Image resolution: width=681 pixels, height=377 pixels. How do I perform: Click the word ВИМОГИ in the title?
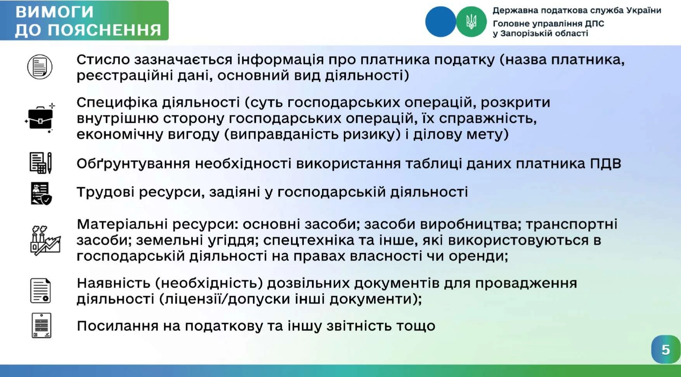(x=54, y=12)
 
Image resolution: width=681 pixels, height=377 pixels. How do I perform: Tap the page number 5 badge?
(x=665, y=349)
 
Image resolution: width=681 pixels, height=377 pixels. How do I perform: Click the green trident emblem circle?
(x=471, y=22)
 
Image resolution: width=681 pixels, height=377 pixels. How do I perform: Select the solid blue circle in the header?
(x=441, y=22)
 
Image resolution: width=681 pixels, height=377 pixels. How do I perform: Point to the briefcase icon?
(x=40, y=118)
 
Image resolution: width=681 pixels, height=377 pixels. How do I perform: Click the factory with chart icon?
(x=45, y=240)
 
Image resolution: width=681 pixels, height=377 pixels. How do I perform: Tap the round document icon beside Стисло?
(x=40, y=67)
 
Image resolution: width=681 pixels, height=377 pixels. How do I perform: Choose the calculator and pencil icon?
(x=41, y=163)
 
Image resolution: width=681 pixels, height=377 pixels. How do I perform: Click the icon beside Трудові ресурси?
(x=41, y=193)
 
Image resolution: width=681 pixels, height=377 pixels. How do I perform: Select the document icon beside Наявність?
(x=40, y=291)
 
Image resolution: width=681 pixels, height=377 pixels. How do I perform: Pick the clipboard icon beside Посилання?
(x=41, y=325)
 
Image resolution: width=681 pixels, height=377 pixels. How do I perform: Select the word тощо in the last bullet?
(x=416, y=326)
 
